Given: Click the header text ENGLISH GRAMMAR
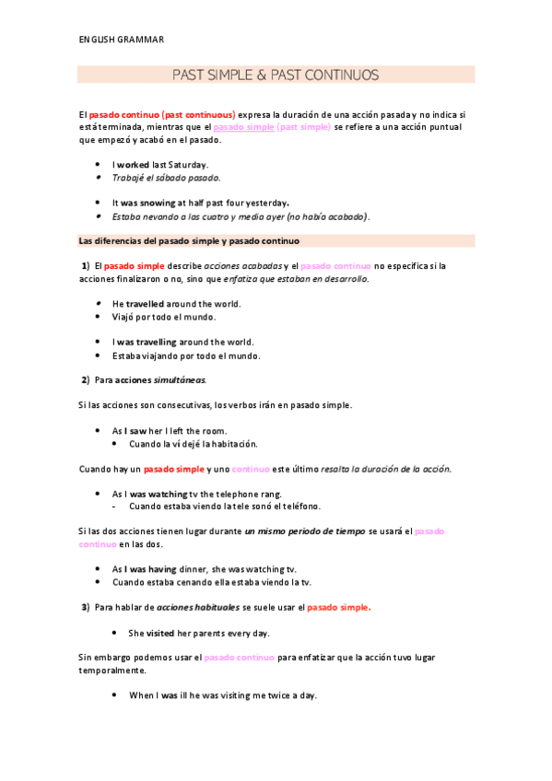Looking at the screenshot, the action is click(x=122, y=40).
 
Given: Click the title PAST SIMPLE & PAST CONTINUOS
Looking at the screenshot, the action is click(x=276, y=75).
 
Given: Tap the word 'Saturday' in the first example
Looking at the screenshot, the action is click(x=189, y=164).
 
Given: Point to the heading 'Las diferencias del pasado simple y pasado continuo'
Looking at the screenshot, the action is click(x=190, y=241).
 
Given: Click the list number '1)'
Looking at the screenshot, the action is click(x=85, y=266).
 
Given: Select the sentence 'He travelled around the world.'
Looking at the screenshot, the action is click(x=176, y=303).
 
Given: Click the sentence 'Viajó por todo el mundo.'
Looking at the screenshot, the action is click(x=164, y=317).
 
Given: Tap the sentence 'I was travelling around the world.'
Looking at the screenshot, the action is click(x=182, y=342).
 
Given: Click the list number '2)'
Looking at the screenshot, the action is click(x=85, y=379).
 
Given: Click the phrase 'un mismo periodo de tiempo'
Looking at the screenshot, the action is click(x=305, y=531).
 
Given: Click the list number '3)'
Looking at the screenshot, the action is click(x=85, y=607).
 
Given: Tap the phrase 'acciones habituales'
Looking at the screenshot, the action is click(x=198, y=607).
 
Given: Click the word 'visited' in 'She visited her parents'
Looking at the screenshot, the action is click(x=160, y=633).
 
